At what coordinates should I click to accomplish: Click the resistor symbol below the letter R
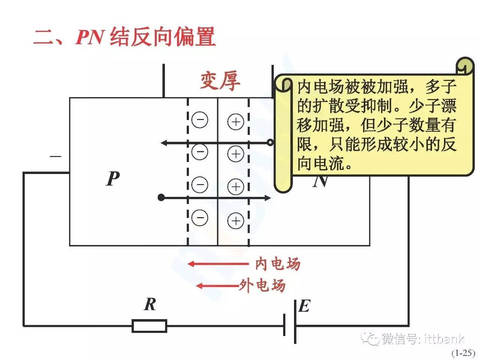click(x=149, y=326)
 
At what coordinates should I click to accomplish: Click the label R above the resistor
click(x=150, y=304)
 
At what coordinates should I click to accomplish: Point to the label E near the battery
click(x=304, y=306)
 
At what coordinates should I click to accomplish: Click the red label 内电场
click(x=277, y=264)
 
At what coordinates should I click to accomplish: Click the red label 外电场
click(x=262, y=286)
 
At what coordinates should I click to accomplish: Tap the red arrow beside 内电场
click(x=217, y=264)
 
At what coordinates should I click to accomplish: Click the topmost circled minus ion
click(x=199, y=120)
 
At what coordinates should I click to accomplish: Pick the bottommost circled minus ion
click(x=199, y=217)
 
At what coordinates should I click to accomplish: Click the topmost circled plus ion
click(x=236, y=122)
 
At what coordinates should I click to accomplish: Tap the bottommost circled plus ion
click(x=236, y=220)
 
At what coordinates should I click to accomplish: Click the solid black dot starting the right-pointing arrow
click(x=161, y=198)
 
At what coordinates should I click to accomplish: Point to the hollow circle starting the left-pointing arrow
click(x=270, y=142)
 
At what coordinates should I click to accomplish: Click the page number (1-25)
click(x=463, y=353)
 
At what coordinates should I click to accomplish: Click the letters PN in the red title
click(x=89, y=37)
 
